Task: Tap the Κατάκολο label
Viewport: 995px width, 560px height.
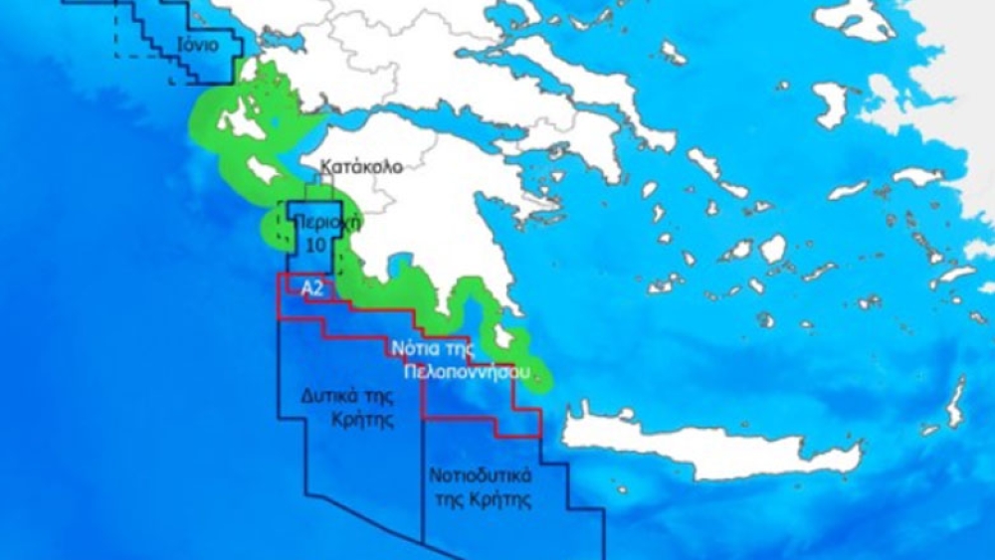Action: (x=362, y=166)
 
